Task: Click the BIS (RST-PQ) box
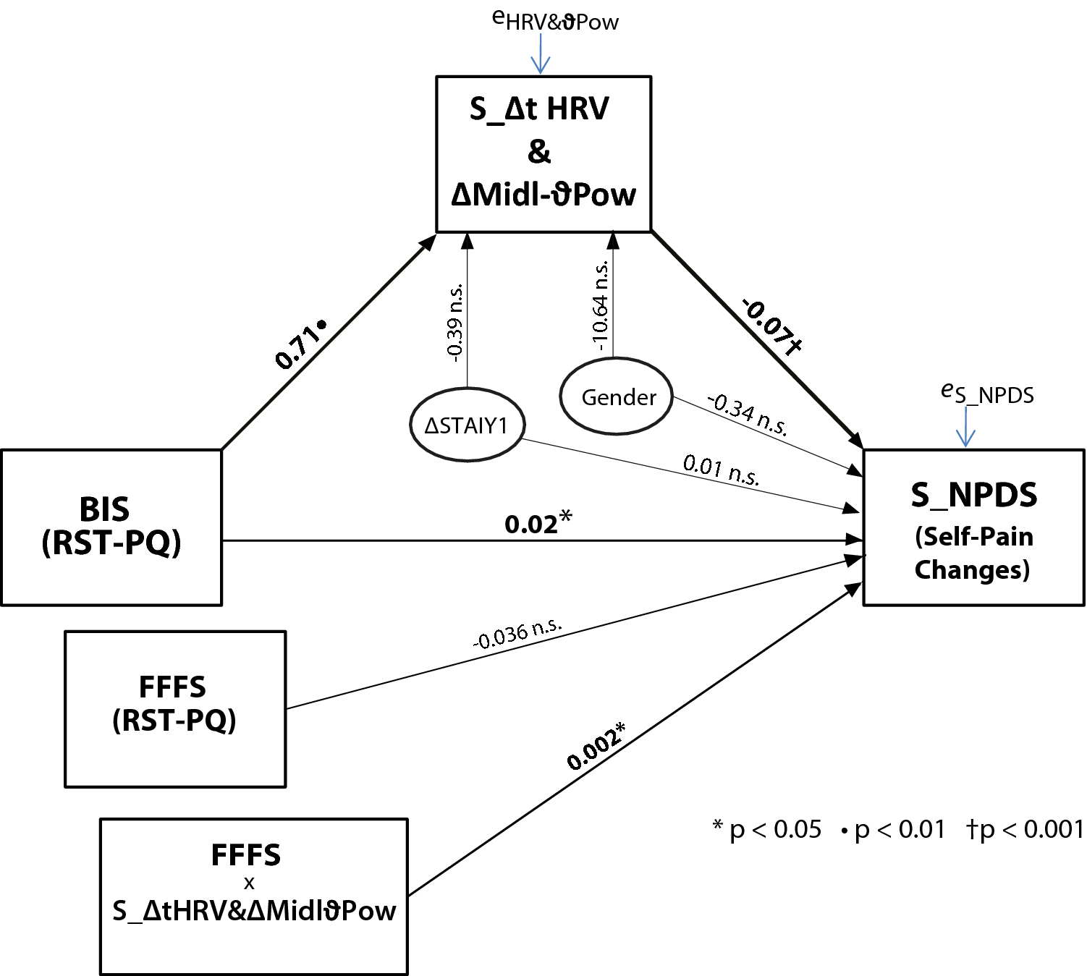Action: click(x=111, y=527)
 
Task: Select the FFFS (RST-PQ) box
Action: click(x=174, y=708)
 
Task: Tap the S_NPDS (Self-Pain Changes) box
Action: click(x=973, y=527)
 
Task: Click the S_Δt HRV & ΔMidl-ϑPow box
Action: click(x=543, y=153)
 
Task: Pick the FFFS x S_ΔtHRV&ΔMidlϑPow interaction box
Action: click(x=253, y=896)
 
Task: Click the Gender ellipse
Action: click(x=617, y=396)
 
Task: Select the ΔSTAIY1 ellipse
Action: click(x=467, y=425)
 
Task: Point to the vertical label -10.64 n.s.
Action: click(x=601, y=306)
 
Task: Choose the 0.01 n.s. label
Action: click(x=721, y=469)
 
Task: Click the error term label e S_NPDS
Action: click(x=987, y=393)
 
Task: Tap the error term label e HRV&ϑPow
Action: click(x=555, y=20)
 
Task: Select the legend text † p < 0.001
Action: click(x=1025, y=829)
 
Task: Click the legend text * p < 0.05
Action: click(x=767, y=829)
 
